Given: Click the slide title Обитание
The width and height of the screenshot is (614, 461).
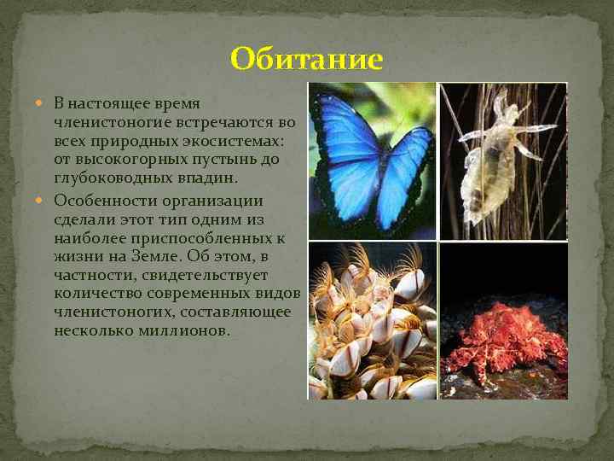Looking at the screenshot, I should point(307,59).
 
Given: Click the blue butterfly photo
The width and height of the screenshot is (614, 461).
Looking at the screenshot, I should point(372,160).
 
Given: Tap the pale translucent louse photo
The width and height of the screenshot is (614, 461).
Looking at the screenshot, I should point(503,160).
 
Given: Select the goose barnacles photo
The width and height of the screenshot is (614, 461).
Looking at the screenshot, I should point(372,321).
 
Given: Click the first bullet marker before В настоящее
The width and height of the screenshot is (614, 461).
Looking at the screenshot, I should point(44,104).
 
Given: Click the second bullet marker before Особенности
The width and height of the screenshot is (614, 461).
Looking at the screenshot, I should point(44,201).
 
